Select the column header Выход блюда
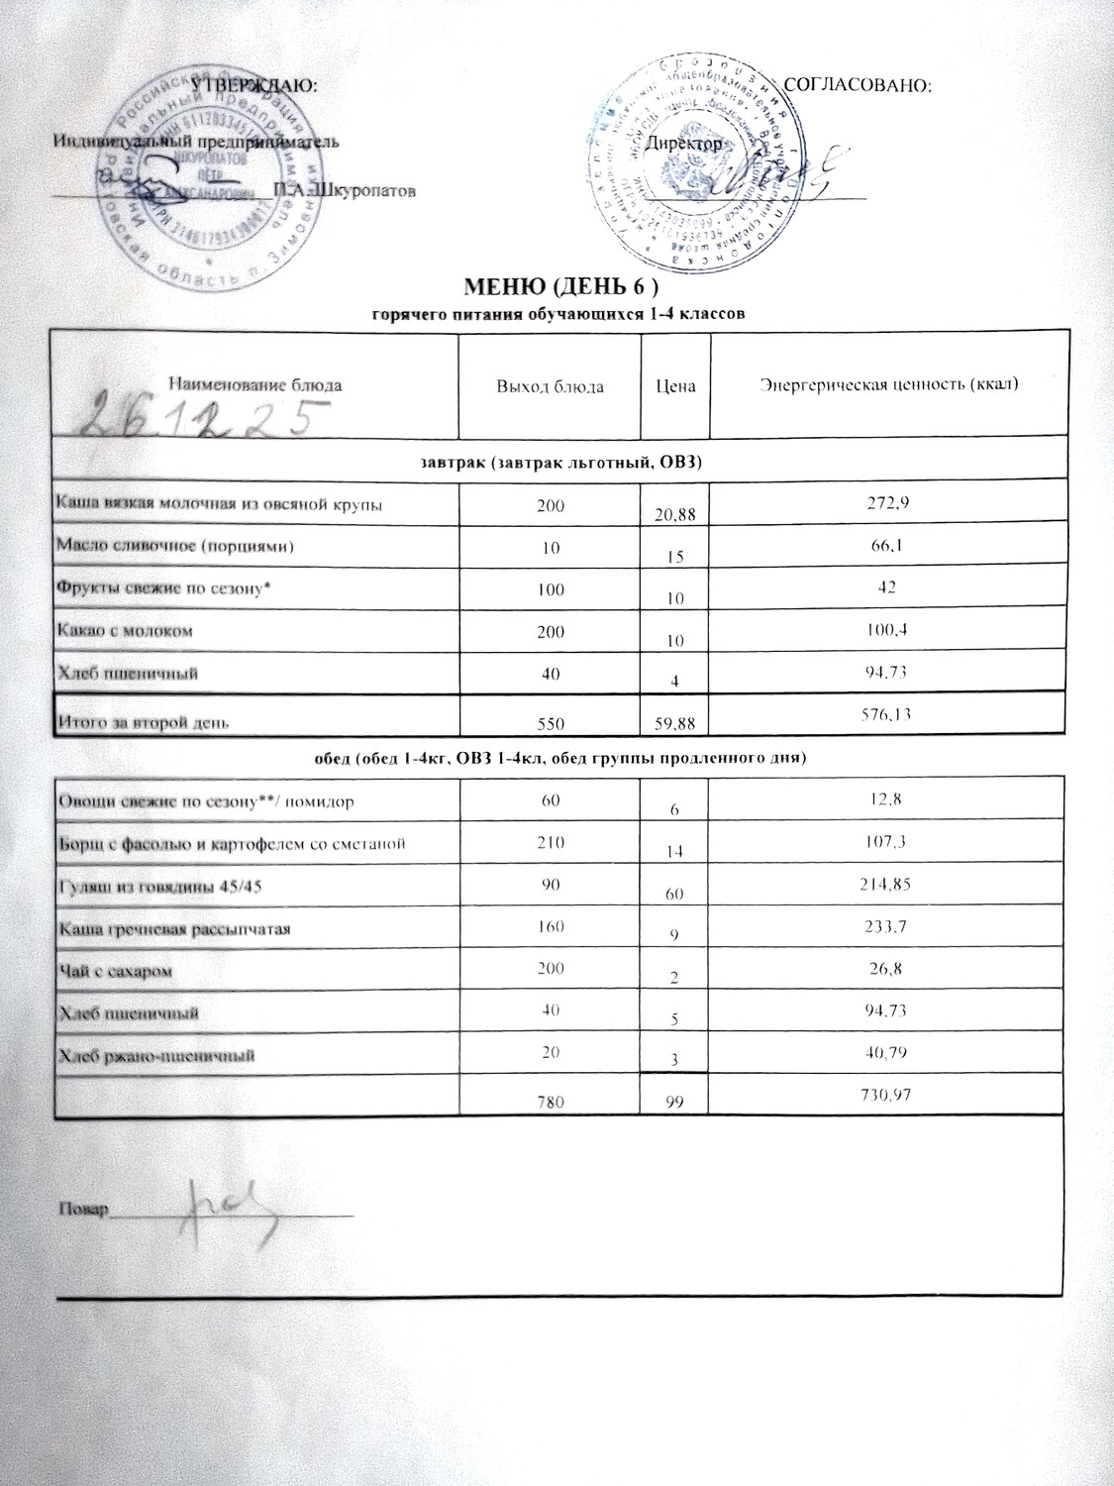pyautogui.click(x=550, y=385)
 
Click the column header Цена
pyautogui.click(x=676, y=385)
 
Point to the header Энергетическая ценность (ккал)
pyautogui.click(x=889, y=384)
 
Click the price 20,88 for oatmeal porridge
pyautogui.click(x=676, y=513)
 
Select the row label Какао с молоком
pyautogui.click(x=125, y=630)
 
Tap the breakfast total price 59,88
pyautogui.click(x=676, y=724)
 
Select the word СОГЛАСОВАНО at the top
pyautogui.click(x=858, y=86)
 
